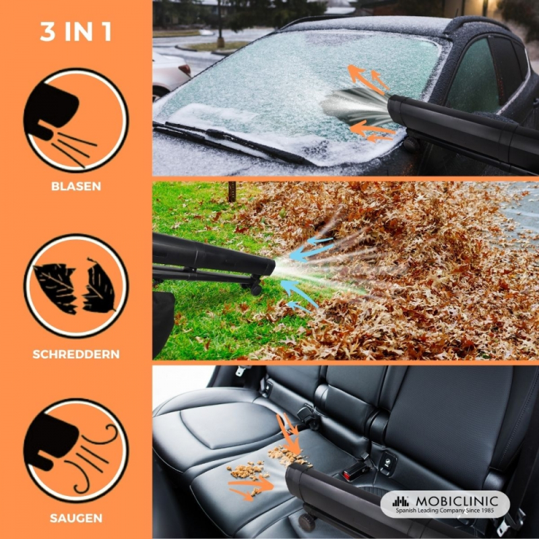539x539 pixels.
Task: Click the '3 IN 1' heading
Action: (x=76, y=32)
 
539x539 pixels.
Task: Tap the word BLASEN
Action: (x=76, y=187)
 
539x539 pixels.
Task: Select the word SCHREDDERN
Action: (x=76, y=354)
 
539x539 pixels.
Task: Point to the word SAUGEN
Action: (x=76, y=518)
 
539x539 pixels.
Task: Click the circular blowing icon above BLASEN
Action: (x=76, y=121)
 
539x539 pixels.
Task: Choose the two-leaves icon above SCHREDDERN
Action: (x=76, y=286)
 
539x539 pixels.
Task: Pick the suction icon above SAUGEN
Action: (x=76, y=451)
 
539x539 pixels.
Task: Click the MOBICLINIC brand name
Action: (x=457, y=501)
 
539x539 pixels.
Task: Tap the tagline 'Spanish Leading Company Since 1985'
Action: (x=445, y=511)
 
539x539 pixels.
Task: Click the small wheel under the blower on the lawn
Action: (x=256, y=290)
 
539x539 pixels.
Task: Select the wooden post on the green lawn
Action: (x=232, y=192)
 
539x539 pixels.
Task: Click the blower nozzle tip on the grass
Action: (x=272, y=267)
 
